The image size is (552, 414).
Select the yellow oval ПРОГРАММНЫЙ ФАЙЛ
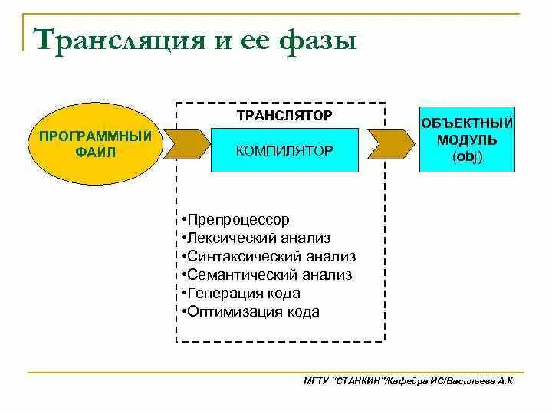95,144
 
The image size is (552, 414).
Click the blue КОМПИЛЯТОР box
284,149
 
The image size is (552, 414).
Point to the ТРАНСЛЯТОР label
284,115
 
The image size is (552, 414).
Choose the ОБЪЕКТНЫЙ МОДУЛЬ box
467,140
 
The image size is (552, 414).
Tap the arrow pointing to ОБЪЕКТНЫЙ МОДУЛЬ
388,143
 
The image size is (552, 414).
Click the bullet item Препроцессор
237,220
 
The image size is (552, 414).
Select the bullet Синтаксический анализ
270,257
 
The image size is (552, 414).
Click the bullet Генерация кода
242,293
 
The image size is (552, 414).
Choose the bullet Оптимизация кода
251,311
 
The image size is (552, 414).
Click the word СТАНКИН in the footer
359,380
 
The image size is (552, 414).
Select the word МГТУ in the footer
316,380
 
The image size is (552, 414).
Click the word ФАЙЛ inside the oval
95,152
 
